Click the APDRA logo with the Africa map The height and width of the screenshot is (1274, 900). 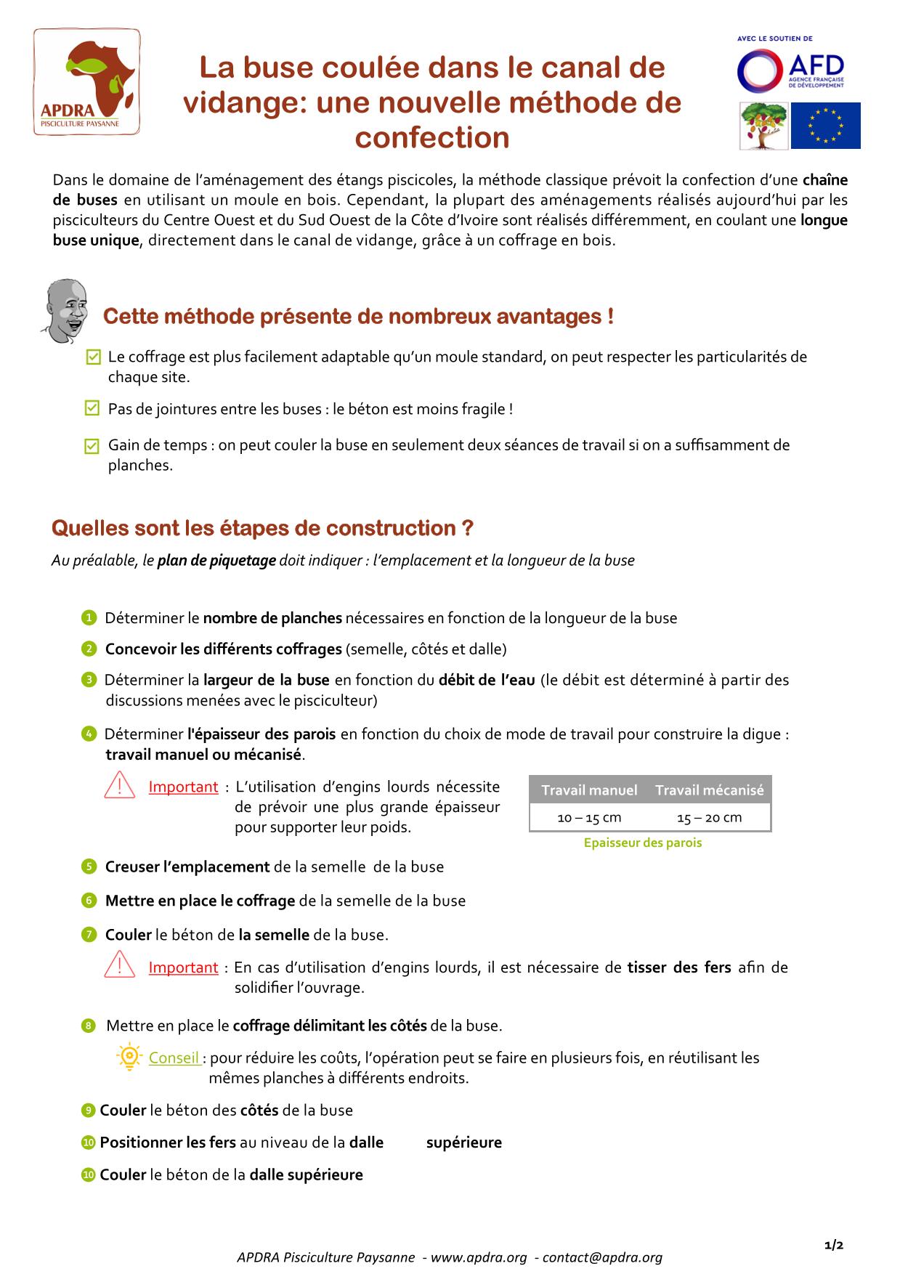[87, 81]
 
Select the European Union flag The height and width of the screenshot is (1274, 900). [825, 126]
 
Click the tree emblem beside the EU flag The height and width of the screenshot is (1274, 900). [763, 126]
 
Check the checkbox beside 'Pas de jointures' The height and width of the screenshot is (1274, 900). [92, 408]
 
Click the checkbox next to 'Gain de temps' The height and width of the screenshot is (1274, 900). [92, 445]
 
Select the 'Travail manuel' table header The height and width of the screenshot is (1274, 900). [589, 790]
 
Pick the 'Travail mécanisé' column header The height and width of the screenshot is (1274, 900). [709, 790]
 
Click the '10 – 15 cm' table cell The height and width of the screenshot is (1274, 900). [589, 818]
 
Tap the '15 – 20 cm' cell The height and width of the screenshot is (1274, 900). [709, 818]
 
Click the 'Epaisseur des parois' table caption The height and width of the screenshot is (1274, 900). [643, 843]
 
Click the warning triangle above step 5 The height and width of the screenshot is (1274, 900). [120, 786]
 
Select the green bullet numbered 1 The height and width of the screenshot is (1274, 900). [89, 618]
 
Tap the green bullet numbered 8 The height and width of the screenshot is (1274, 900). [89, 1026]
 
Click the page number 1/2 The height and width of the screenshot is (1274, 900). [834, 1245]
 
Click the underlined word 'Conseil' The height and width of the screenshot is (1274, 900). [174, 1058]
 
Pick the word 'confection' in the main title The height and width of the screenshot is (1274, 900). [432, 138]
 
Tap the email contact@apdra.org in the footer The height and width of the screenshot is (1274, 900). [602, 1257]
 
